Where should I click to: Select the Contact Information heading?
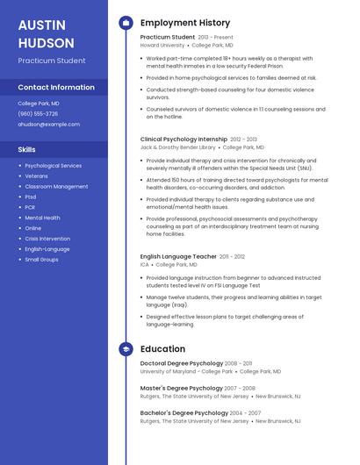56,87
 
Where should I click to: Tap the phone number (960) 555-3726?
38,113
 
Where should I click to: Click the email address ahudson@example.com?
48,124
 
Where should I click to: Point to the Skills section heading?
26,150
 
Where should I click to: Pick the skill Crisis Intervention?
47,239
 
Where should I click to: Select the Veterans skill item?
37,175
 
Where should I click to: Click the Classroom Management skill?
56,186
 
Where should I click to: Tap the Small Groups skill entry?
41,260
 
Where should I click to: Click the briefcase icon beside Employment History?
126,23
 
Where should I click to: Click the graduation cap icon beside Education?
126,348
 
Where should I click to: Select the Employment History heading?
185,23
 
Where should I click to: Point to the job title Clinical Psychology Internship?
184,139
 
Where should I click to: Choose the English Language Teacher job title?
178,256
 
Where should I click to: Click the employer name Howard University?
162,45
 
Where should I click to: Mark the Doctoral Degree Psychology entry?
182,362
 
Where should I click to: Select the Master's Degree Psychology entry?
182,388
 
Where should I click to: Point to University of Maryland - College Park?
186,371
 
